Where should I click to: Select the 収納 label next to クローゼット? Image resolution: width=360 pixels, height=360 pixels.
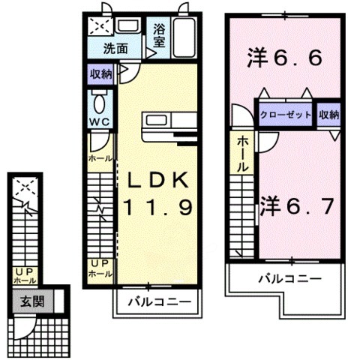[x=328, y=115]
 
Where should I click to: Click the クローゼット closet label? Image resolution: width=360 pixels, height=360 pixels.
[x=286, y=115]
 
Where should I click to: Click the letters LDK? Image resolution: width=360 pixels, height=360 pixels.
[x=159, y=180]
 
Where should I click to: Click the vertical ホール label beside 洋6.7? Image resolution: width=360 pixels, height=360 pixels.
[x=243, y=154]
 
